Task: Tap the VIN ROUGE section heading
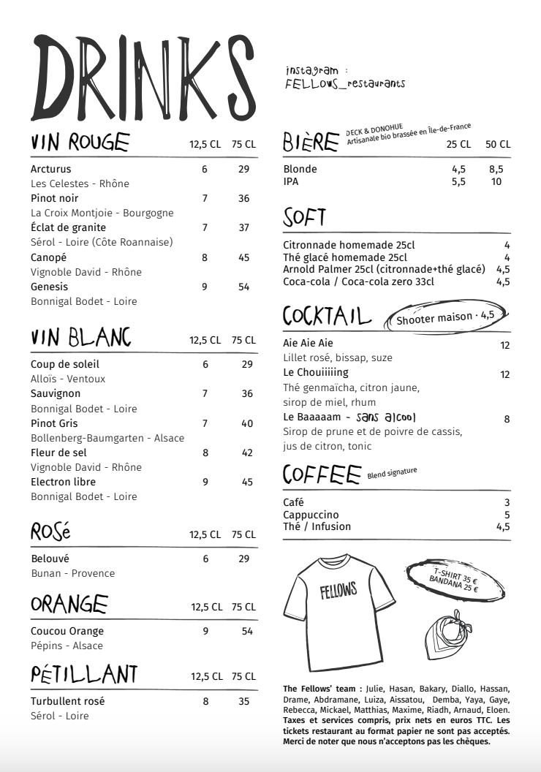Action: coord(80,143)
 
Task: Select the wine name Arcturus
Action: coord(50,169)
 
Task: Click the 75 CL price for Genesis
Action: coord(244,287)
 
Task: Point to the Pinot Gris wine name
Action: coord(54,423)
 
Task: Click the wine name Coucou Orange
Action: coord(67,631)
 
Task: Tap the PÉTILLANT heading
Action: coord(84,674)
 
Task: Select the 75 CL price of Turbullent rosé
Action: coord(244,701)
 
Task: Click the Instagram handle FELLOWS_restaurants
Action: coord(345,84)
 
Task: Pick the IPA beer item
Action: coord(290,182)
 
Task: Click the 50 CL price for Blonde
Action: coord(496,169)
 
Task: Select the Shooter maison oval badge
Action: coord(445,317)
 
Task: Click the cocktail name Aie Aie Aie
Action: coord(308,343)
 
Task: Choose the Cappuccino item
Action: coord(311,515)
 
